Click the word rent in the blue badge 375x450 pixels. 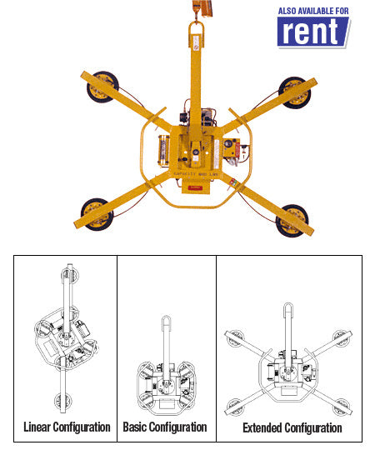click(x=311, y=31)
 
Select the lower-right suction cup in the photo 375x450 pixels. click(x=291, y=217)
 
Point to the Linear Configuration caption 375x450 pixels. click(x=67, y=427)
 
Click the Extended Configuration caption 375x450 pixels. click(x=292, y=427)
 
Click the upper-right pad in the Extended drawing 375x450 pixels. click(x=341, y=337)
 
